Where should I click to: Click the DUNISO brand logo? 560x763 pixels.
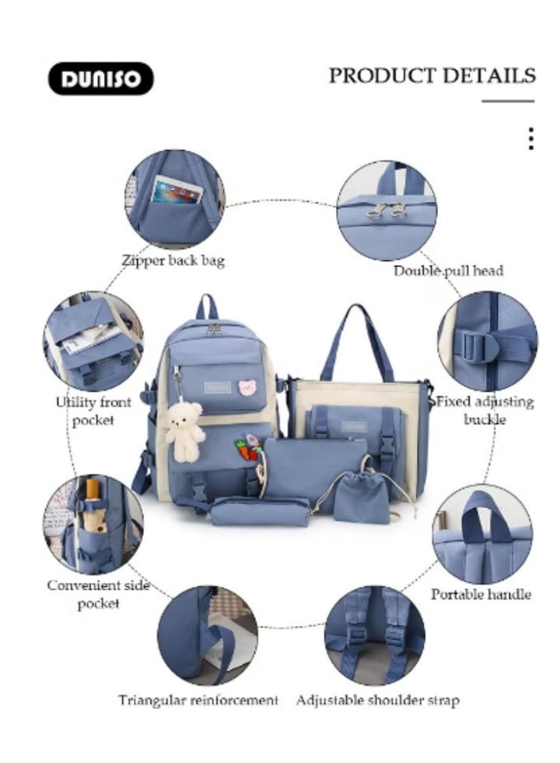tap(101, 78)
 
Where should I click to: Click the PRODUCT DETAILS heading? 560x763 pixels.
tap(432, 75)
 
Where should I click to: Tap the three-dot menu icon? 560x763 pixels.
tap(530, 139)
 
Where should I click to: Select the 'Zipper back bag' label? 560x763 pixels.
tap(173, 261)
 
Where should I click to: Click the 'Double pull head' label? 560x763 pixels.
tap(447, 270)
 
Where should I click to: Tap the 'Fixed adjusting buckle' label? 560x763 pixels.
tap(485, 410)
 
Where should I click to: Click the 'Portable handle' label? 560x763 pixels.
tap(481, 594)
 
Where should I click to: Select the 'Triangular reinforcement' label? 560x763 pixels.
tap(198, 700)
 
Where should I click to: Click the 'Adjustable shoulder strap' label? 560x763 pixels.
tap(377, 700)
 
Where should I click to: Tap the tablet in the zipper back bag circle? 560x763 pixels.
tap(177, 190)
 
